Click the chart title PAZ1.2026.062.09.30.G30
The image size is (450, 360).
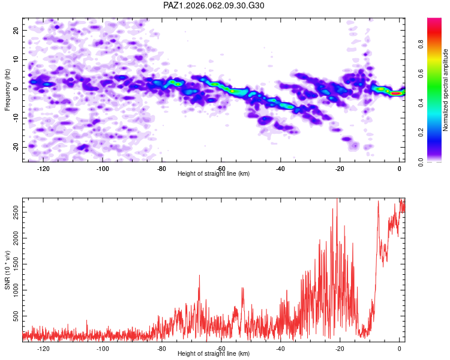pyautogui.click(x=214, y=5)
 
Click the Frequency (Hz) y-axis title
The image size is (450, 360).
pyautogui.click(x=7, y=90)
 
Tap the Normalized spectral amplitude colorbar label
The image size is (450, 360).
pyautogui.click(x=446, y=90)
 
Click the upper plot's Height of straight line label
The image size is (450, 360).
pyautogui.click(x=214, y=173)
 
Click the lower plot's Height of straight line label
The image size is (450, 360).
pyautogui.click(x=214, y=353)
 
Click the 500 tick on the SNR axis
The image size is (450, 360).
pyautogui.click(x=14, y=315)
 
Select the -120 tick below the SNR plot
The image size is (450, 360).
pyautogui.click(x=43, y=348)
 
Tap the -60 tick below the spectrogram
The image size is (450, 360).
pyautogui.click(x=221, y=169)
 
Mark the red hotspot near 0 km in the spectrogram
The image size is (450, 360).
pyautogui.click(x=396, y=94)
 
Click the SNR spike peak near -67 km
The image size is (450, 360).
pyautogui.click(x=199, y=275)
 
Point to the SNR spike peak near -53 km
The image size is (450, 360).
pyautogui.click(x=242, y=288)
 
